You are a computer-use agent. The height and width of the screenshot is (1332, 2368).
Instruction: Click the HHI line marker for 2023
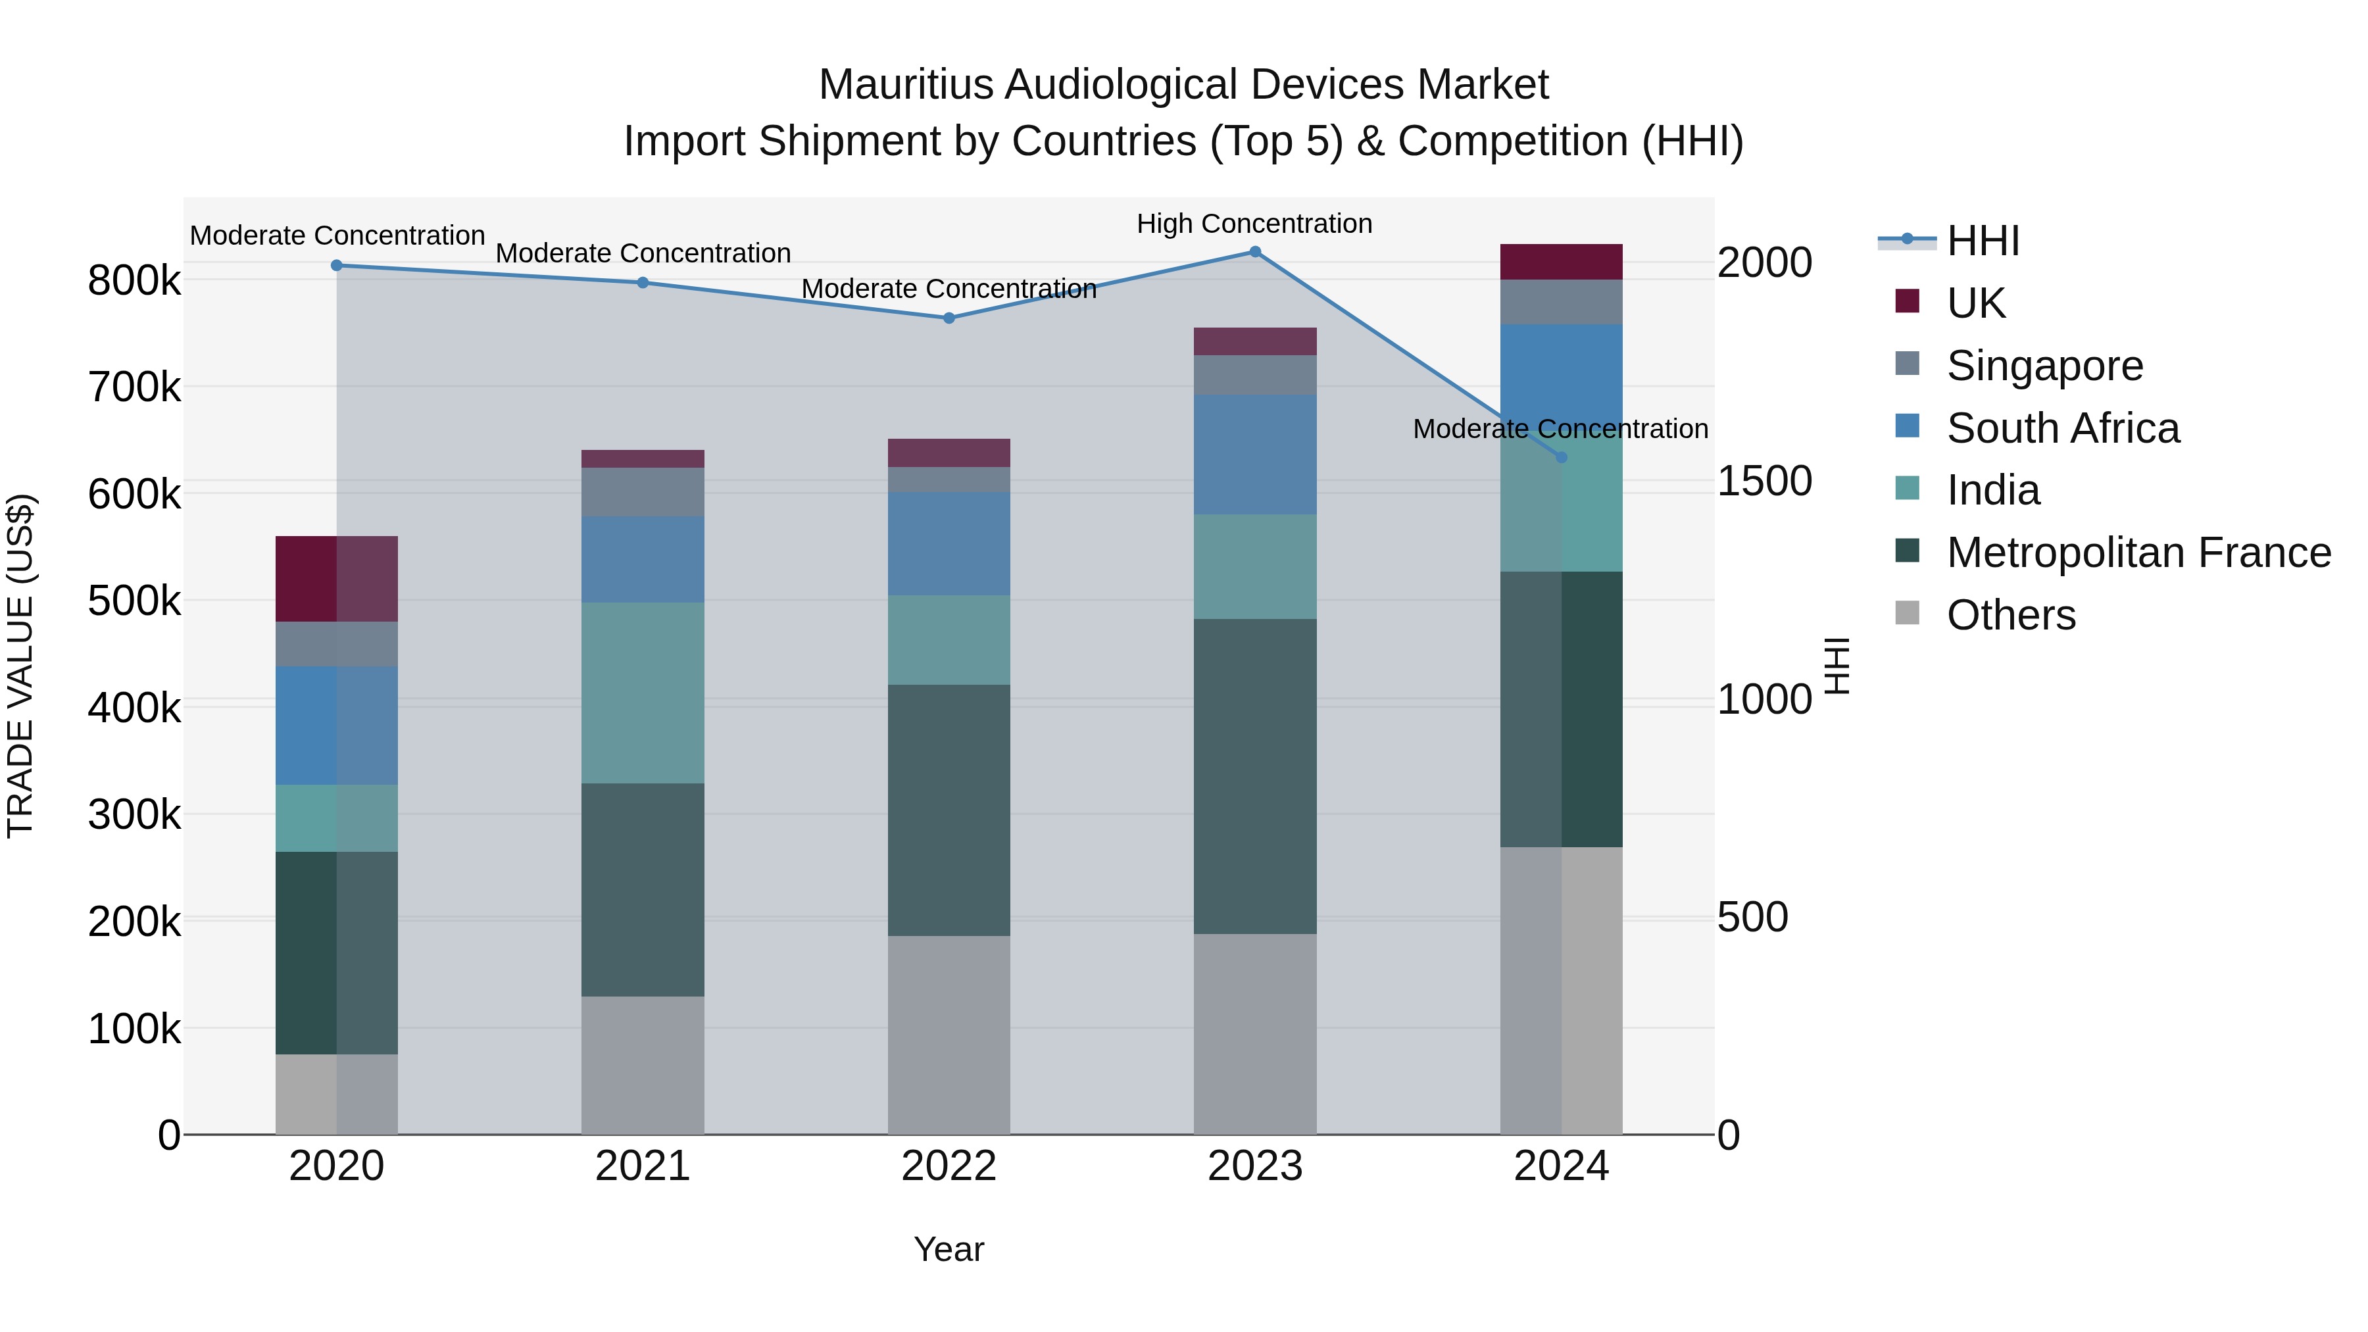pyautogui.click(x=1255, y=252)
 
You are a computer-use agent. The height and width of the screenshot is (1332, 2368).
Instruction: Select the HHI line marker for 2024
pyautogui.click(x=1561, y=457)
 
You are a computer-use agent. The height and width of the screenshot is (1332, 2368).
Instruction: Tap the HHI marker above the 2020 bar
pyautogui.click(x=336, y=266)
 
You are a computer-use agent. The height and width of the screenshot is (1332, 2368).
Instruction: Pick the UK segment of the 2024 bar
pyautogui.click(x=1561, y=262)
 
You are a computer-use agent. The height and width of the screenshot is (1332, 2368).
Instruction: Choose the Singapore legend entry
pyautogui.click(x=2044, y=366)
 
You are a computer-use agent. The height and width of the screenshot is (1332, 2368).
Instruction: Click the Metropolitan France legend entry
pyautogui.click(x=2138, y=553)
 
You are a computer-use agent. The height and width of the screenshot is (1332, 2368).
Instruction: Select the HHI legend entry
pyautogui.click(x=1982, y=241)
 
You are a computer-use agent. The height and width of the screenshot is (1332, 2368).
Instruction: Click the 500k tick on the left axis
pyautogui.click(x=134, y=601)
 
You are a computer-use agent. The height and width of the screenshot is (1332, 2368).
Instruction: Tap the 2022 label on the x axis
pyautogui.click(x=949, y=1166)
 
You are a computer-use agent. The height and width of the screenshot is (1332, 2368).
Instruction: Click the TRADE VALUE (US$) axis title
pyautogui.click(x=20, y=666)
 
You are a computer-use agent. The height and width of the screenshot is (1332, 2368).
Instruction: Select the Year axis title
pyautogui.click(x=949, y=1249)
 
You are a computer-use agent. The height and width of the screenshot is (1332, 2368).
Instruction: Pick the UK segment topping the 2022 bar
pyautogui.click(x=949, y=453)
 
